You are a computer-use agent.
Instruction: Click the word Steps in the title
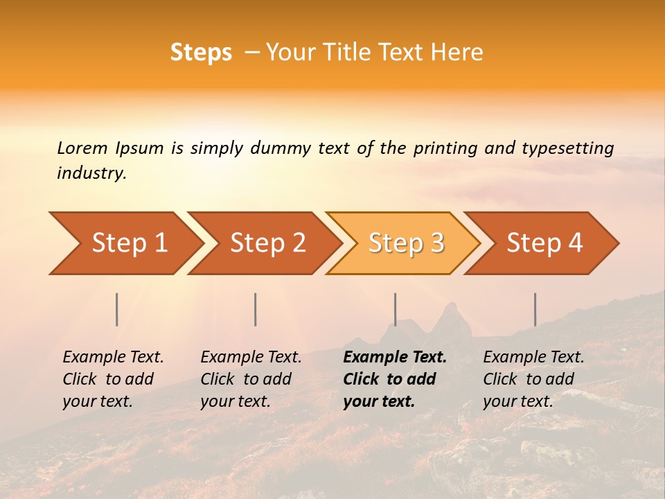coord(201,53)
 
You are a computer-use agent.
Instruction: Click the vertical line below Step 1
coord(117,309)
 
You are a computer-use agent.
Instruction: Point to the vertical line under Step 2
coord(256,309)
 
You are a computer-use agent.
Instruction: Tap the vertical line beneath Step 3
coord(395,309)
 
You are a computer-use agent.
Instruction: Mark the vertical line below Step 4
coord(535,309)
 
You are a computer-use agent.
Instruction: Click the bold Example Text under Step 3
coord(395,358)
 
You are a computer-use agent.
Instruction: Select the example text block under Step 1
coord(113,379)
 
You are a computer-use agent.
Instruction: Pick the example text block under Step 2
coord(251,379)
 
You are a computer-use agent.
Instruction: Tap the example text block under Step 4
coord(533,379)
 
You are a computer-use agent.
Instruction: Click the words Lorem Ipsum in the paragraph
coord(110,148)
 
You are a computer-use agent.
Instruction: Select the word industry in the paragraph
coord(91,173)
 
